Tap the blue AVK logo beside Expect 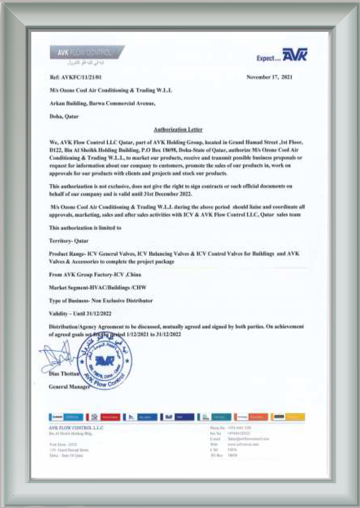pos(295,55)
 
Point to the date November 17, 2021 pos(270,77)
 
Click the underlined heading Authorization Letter pos(178,130)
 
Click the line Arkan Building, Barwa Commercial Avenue pos(102,103)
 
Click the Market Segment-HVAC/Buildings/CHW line pos(97,287)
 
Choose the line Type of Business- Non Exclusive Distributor pos(101,300)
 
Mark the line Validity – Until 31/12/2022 pos(80,314)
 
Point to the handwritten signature pos(58,357)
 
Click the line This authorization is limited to pos(85,228)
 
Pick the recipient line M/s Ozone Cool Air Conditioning pos(110,90)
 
